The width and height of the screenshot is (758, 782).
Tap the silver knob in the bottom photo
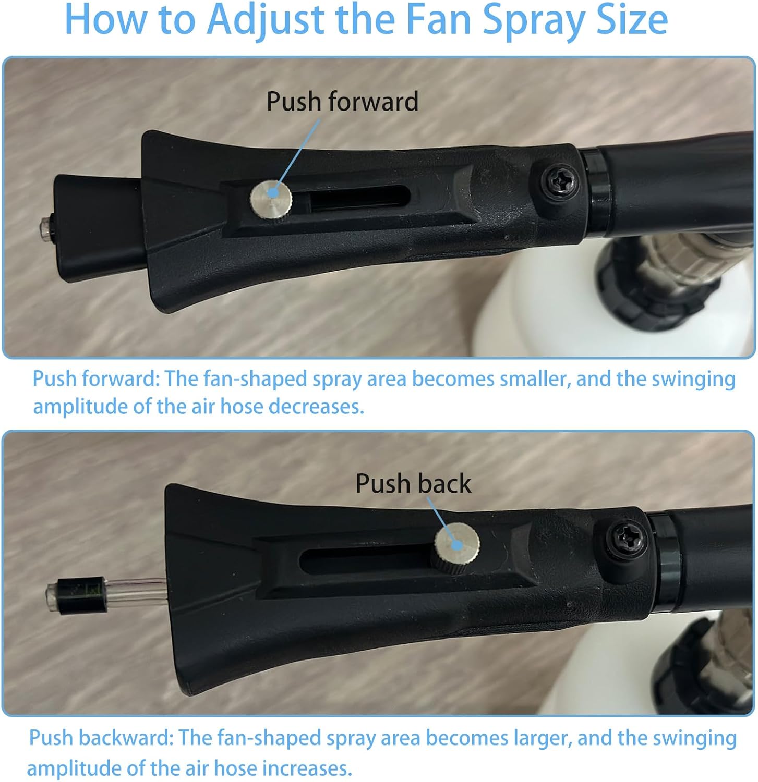click(458, 543)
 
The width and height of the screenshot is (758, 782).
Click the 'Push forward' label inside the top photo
click(342, 101)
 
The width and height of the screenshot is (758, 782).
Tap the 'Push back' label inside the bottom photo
click(413, 483)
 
